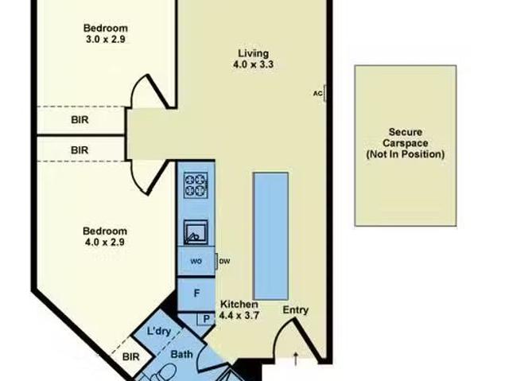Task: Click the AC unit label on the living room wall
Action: tap(318, 94)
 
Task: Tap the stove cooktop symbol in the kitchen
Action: tap(196, 185)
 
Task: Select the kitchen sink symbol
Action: tap(196, 232)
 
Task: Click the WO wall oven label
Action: tap(196, 261)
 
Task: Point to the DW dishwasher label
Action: tap(224, 261)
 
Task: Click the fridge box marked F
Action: tap(196, 294)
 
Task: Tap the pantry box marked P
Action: tap(206, 319)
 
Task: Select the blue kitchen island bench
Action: tap(270, 236)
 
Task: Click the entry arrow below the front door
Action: tap(296, 359)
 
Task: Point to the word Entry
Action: tap(295, 310)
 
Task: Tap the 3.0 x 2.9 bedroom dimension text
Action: tap(106, 39)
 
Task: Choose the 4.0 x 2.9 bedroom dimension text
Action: tap(105, 242)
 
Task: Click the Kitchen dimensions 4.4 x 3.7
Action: tap(239, 315)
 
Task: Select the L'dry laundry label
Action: tap(159, 332)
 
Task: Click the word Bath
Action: tap(182, 355)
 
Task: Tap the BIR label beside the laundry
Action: tap(130, 357)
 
